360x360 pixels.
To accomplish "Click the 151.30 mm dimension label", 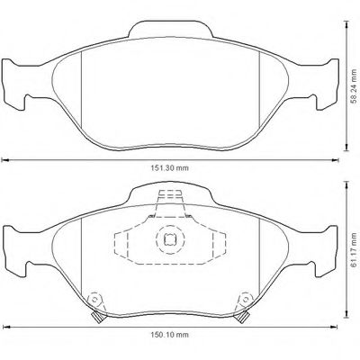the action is point(169,168).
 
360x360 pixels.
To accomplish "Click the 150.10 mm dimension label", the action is point(169,335).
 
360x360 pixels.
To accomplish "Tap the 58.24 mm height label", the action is point(354,86).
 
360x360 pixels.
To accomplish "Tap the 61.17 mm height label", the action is point(354,250).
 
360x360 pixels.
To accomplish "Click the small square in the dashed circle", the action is point(170,239).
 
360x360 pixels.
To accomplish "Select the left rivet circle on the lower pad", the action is point(94,299).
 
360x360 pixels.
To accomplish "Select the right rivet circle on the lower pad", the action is point(246,299).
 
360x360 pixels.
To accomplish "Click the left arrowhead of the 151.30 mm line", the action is point(4,160).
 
